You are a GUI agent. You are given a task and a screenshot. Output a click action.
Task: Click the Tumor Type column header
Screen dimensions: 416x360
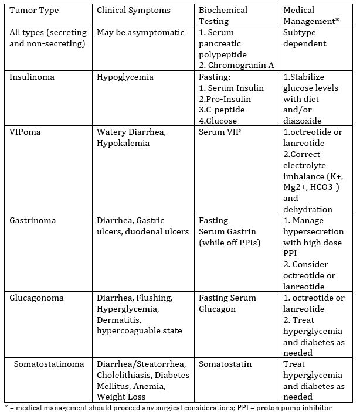pos(32,10)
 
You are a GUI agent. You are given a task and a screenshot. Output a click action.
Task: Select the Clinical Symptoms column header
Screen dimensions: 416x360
pos(134,10)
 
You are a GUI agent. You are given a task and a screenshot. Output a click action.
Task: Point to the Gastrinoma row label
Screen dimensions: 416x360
pos(32,220)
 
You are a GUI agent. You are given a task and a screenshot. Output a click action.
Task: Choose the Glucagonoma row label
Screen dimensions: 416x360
pos(36,298)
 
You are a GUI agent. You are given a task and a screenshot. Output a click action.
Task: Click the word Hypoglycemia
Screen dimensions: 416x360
pos(125,77)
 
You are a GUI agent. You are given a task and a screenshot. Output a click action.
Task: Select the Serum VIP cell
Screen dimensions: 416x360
pos(220,132)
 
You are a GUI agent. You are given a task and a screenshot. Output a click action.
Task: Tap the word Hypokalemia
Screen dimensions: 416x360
pos(123,143)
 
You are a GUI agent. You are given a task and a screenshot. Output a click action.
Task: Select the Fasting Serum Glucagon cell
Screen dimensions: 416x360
pos(227,303)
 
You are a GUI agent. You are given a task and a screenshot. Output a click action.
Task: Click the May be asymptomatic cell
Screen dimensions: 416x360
pos(141,33)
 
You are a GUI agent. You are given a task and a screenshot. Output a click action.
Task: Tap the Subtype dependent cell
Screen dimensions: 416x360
pos(304,38)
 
